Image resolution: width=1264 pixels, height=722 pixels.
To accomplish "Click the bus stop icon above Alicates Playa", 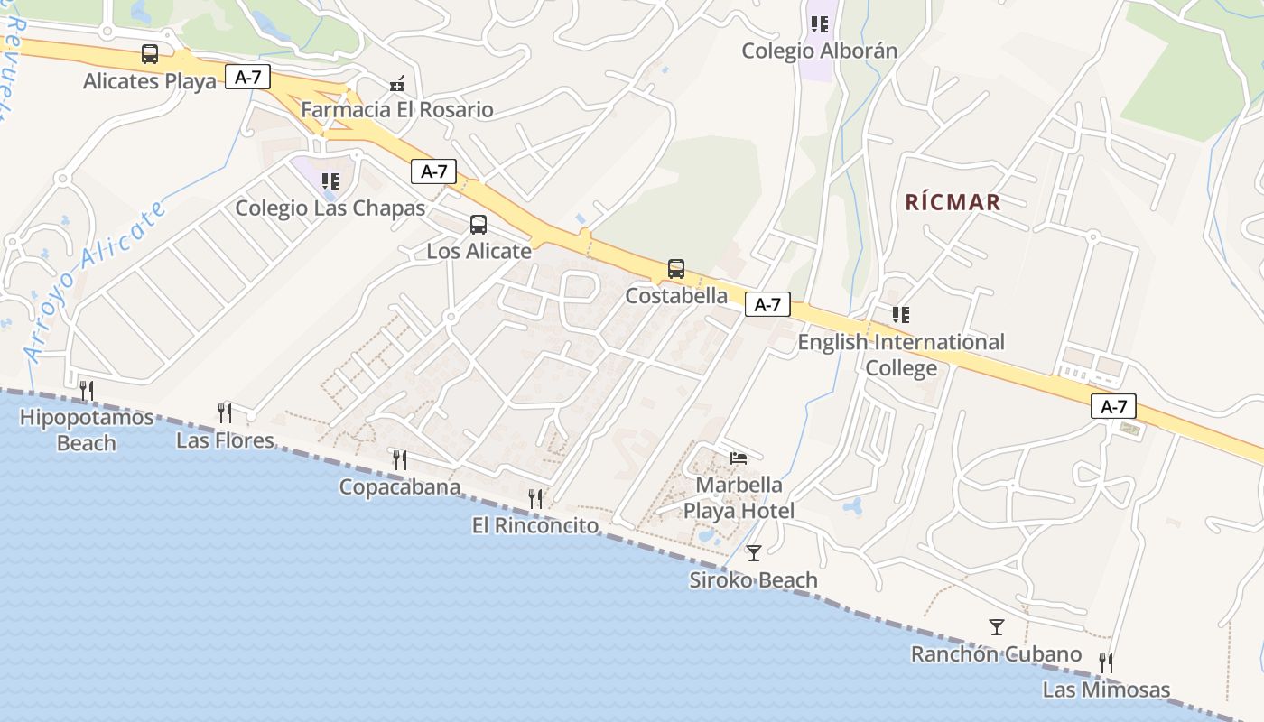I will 150,54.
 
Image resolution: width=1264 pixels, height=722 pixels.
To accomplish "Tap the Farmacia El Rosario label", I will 397,110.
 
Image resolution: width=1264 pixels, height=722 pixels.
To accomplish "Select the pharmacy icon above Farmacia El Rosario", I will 397,85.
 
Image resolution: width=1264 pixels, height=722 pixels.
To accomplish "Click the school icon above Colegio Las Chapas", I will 330,181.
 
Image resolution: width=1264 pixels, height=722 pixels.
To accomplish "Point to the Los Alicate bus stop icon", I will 479,225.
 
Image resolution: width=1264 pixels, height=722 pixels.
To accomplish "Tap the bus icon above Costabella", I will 676,269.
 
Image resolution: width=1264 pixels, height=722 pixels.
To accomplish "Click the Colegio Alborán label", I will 820,51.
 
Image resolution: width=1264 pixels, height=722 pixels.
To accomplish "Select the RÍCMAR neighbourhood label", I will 953,202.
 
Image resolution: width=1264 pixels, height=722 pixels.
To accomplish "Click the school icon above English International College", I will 901,315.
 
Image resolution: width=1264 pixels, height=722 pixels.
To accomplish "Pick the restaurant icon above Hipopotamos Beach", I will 87,390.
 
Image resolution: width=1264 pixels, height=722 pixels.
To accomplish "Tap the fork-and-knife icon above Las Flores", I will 225,413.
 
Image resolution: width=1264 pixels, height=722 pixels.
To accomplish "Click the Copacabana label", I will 400,487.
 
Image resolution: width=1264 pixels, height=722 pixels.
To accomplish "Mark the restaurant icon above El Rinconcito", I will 535,499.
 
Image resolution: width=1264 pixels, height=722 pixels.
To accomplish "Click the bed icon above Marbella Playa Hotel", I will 739,458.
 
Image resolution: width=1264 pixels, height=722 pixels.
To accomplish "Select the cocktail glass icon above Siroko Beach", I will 754,553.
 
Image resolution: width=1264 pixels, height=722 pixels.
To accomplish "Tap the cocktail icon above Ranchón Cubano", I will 997,627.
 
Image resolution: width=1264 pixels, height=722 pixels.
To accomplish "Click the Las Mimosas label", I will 1106,690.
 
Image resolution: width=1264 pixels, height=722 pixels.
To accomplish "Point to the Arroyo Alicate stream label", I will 98,282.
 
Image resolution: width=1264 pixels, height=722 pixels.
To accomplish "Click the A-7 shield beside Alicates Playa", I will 248,78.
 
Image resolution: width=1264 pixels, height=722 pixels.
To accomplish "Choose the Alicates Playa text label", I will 150,81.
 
